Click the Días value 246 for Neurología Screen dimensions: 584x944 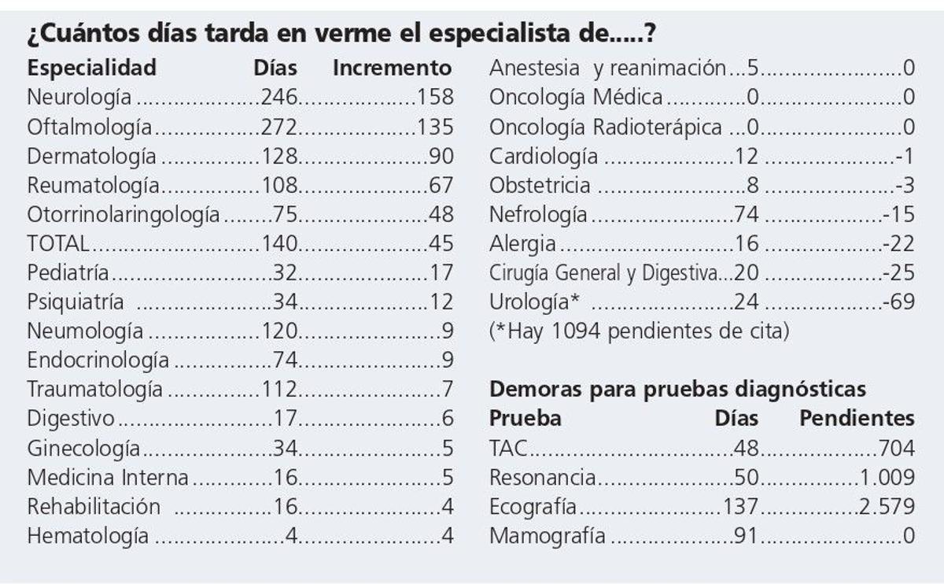pyautogui.click(x=279, y=97)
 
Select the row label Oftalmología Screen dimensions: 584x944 pyautogui.click(x=90, y=127)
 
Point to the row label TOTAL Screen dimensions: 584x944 pyautogui.click(x=58, y=243)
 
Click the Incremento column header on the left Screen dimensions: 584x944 pyautogui.click(x=393, y=68)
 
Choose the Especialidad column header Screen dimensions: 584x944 pyautogui.click(x=92, y=68)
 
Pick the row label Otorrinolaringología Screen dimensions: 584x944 pyautogui.click(x=124, y=214)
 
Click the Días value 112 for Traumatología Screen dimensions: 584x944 pyautogui.click(x=279, y=389)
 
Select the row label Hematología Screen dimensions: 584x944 pyautogui.click(x=88, y=536)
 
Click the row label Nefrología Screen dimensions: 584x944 pyautogui.click(x=538, y=214)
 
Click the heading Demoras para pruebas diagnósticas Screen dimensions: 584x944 pyautogui.click(x=677, y=389)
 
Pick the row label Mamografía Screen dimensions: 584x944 pyautogui.click(x=548, y=536)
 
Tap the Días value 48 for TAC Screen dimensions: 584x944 pyautogui.click(x=746, y=448)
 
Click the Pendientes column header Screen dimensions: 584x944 pyautogui.click(x=857, y=418)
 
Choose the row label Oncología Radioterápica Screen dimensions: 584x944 pyautogui.click(x=605, y=127)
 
